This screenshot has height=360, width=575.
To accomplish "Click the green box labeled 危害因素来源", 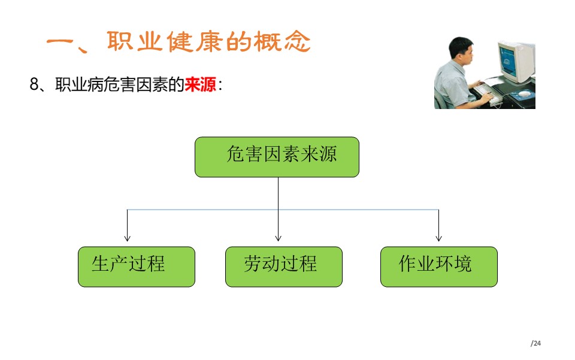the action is pyautogui.click(x=277, y=157).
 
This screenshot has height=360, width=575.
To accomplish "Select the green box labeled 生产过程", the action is pyautogui.click(x=137, y=267).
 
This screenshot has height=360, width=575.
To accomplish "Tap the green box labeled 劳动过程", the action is pyautogui.click(x=284, y=267).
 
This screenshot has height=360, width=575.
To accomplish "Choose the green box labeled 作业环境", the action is pyautogui.click(x=439, y=267).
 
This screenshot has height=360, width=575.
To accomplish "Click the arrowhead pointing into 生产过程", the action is pyautogui.click(x=127, y=238).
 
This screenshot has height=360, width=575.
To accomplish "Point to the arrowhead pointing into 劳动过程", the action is pyautogui.click(x=279, y=238).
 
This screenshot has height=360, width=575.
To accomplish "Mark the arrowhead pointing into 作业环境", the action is pyautogui.click(x=438, y=238).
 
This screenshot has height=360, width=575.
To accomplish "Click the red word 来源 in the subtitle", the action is pyautogui.click(x=200, y=84).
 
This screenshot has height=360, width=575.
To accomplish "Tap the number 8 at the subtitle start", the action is pyautogui.click(x=34, y=84).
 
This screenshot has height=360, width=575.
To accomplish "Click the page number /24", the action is pyautogui.click(x=535, y=343).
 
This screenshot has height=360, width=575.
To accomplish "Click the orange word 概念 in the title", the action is pyautogui.click(x=282, y=41).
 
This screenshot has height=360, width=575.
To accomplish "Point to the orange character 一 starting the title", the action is pyautogui.click(x=60, y=41).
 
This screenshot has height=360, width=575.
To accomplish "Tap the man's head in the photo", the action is pyautogui.click(x=461, y=52).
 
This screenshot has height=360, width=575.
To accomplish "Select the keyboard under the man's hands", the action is pyautogui.click(x=486, y=93).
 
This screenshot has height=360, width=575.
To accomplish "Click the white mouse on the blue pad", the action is pyautogui.click(x=523, y=95).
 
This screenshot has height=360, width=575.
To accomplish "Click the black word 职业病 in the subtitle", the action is pyautogui.click(x=79, y=84).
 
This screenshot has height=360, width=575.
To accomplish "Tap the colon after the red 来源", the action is pyautogui.click(x=220, y=85).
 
